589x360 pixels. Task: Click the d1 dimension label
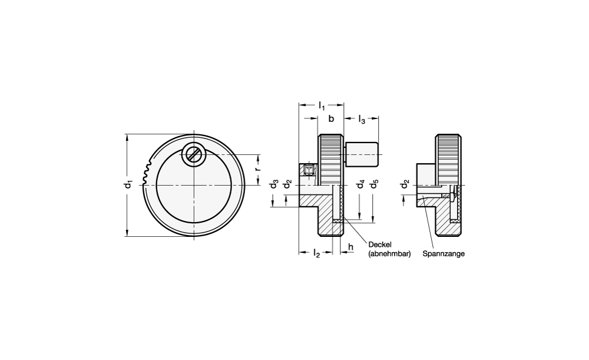tap(129, 185)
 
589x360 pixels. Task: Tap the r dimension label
tap(257, 169)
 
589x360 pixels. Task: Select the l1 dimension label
tap(322, 105)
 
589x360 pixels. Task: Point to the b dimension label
tap(331, 119)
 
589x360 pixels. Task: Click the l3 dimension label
tap(362, 120)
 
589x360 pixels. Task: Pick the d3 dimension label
tap(274, 184)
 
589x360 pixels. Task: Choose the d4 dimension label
tap(360, 184)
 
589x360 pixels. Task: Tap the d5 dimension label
tap(374, 184)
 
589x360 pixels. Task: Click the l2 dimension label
tap(316, 254)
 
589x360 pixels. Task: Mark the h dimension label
tap(350, 247)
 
